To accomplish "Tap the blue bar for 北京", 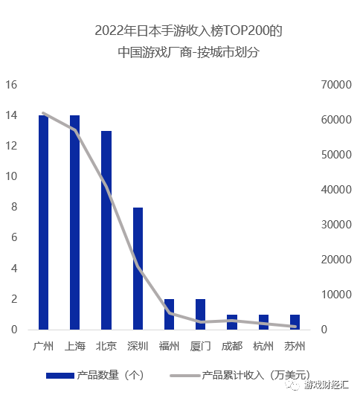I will (106, 230).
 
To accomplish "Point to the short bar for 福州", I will (169, 314).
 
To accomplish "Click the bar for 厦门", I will (200, 314).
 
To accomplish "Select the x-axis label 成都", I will (231, 346).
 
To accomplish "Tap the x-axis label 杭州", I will (263, 346).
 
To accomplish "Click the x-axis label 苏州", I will (295, 346).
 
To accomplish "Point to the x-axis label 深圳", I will (138, 346).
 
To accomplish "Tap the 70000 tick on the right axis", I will (332, 85).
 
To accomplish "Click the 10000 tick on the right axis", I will (332, 295).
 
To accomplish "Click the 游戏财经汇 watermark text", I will (327, 386).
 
